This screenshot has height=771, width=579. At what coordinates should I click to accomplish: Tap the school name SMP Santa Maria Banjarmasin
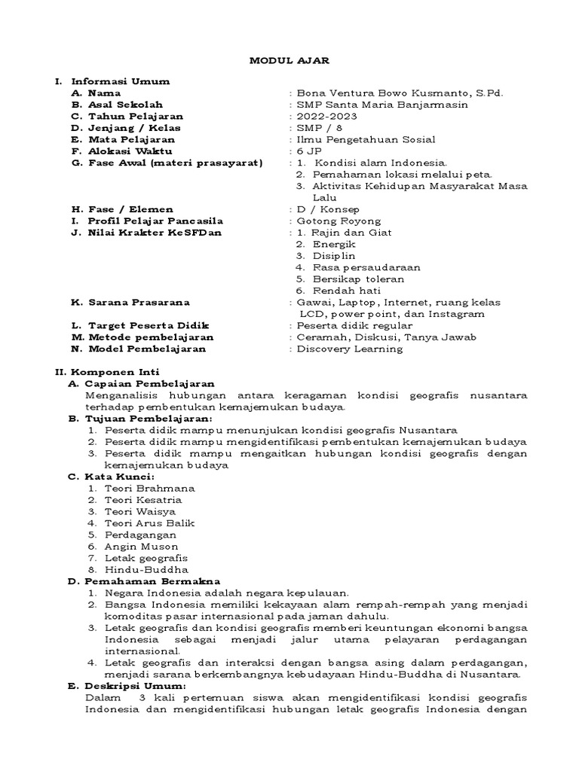tap(381, 105)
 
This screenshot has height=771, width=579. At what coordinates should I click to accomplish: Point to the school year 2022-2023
tap(327, 117)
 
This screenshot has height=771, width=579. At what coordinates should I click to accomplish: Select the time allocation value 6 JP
tap(309, 151)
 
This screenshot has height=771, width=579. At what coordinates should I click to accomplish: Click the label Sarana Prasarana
tap(130, 302)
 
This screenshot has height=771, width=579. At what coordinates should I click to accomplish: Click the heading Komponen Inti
tap(115, 372)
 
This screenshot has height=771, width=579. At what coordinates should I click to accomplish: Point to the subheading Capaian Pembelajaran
tap(150, 383)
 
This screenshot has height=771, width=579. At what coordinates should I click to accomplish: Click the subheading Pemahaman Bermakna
tap(152, 581)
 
